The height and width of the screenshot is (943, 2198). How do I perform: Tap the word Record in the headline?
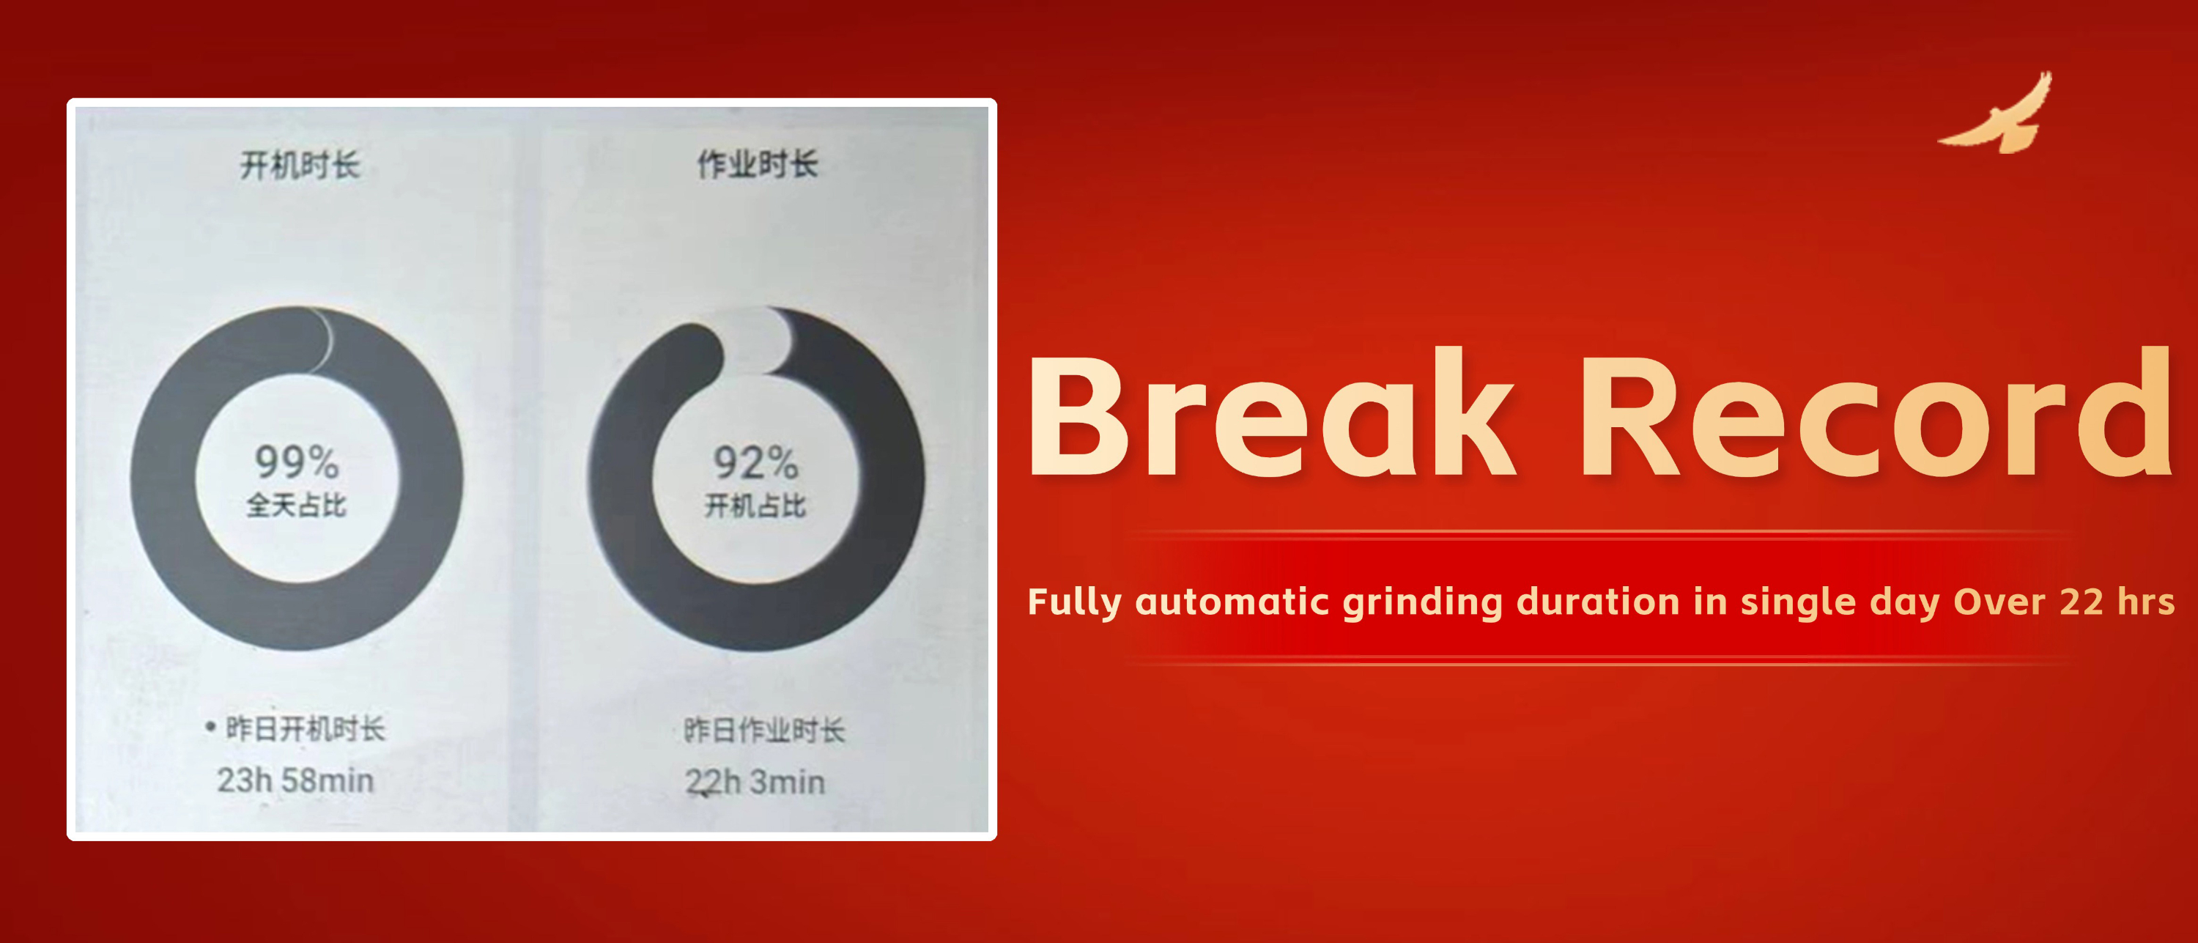(1876, 413)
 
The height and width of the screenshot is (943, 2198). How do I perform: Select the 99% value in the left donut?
(297, 462)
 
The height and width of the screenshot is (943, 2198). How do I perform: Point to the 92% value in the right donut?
(756, 462)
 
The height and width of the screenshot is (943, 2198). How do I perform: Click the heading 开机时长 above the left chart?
(300, 165)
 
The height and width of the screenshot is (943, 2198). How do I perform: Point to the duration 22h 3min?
(755, 782)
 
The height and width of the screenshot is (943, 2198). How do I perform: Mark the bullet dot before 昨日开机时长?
(210, 727)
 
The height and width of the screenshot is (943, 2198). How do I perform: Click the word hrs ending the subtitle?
(2146, 602)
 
